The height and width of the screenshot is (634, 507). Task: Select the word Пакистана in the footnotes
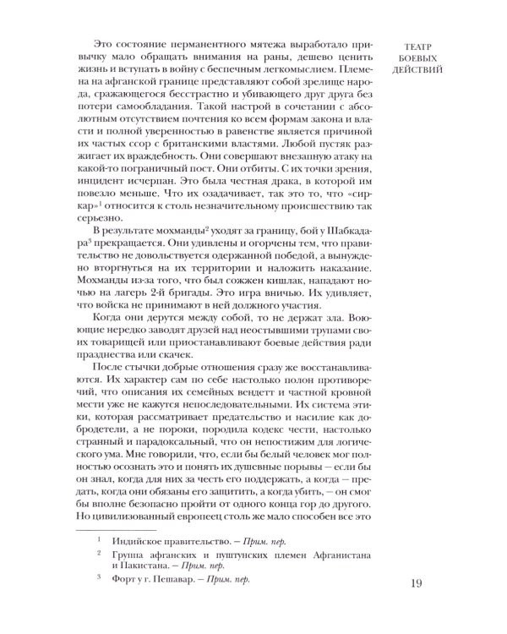(151, 567)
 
